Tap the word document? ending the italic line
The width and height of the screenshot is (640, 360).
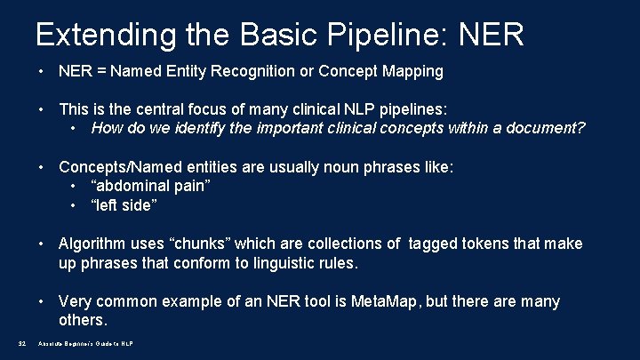click(548, 128)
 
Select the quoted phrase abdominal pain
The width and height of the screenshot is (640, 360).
click(150, 186)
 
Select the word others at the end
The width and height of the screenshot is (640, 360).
click(83, 320)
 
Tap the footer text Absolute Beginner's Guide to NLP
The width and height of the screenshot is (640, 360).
click(85, 344)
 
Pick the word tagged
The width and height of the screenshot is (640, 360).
click(435, 244)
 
